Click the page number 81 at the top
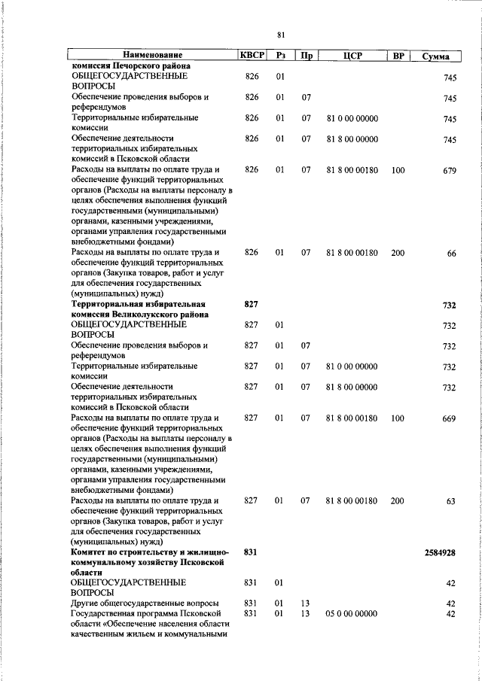pyautogui.click(x=281, y=35)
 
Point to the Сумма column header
pyautogui.click(x=436, y=56)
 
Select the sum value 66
pyautogui.click(x=451, y=254)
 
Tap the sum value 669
pyautogui.click(x=450, y=419)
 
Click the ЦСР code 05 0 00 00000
pyautogui.click(x=352, y=614)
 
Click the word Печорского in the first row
pyautogui.click(x=144, y=66)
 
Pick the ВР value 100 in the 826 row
pyautogui.click(x=398, y=170)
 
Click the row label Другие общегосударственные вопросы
pyautogui.click(x=145, y=603)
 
